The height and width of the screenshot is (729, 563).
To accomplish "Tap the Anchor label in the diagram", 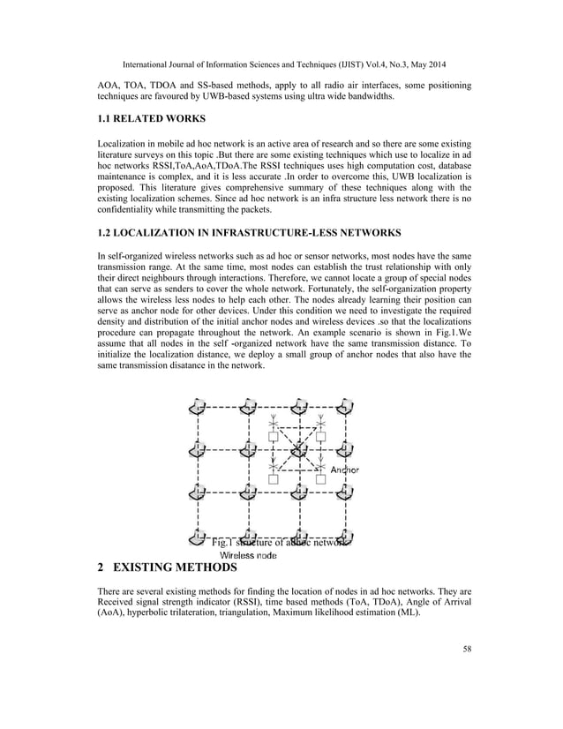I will click(344, 470).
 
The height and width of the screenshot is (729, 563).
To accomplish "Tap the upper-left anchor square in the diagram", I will click(274, 437).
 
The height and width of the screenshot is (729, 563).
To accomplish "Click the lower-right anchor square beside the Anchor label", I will click(321, 480).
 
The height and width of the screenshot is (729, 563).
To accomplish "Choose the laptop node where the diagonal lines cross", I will click(298, 449).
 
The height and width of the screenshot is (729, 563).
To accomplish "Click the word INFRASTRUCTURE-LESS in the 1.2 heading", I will click(285, 233).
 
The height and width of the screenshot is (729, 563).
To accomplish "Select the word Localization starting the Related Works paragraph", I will click(125, 142).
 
